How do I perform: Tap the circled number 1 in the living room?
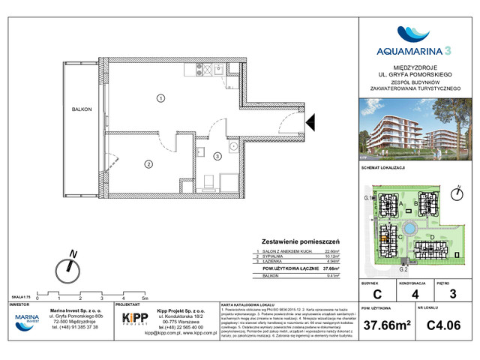point(160,97)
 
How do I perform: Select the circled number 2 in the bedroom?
point(149,164)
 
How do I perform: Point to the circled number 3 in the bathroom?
point(217,156)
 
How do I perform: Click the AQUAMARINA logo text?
point(412,52)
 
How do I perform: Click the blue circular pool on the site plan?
point(410,228)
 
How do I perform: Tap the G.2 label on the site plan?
point(402,268)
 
